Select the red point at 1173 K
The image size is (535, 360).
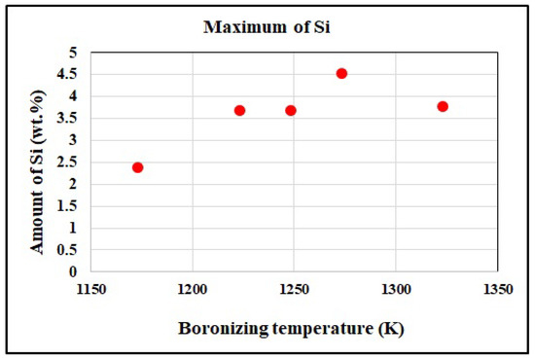[137, 167]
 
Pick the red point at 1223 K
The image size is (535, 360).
[239, 110]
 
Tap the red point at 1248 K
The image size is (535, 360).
[291, 110]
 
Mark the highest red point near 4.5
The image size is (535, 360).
[341, 73]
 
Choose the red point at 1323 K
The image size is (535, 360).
[443, 106]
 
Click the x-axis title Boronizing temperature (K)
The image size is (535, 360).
[291, 328]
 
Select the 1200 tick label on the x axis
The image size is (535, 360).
[192, 290]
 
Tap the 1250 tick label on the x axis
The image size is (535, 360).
[293, 290]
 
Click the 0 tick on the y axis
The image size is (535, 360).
[72, 272]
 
